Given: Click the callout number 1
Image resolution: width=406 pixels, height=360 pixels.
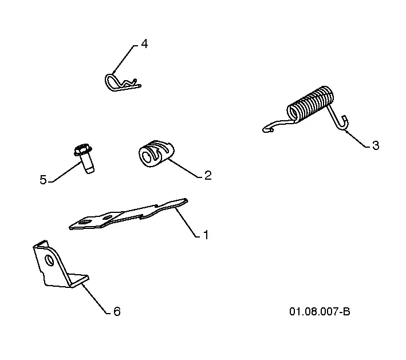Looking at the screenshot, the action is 206,235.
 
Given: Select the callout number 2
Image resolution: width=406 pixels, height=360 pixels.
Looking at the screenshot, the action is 208,176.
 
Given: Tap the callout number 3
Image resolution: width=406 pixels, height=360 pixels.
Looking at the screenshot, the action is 376,145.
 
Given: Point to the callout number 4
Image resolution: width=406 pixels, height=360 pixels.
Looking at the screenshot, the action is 144,43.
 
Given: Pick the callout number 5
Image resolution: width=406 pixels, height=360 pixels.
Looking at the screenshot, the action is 43,180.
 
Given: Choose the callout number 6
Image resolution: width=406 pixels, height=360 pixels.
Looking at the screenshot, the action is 117,311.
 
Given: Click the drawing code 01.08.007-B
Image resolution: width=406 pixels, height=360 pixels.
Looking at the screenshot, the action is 320,311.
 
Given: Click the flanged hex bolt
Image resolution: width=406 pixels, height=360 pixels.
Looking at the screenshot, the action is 84,158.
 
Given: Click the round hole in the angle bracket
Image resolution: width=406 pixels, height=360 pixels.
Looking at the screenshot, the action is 49,260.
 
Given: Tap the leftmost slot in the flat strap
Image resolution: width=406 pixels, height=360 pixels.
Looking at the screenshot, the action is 84,222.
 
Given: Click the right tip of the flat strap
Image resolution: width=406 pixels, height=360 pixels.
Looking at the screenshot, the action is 187,200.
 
